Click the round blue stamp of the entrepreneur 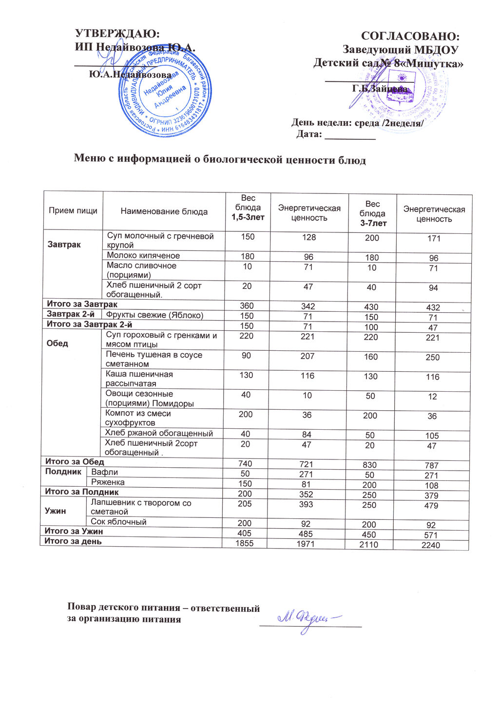point(165,92)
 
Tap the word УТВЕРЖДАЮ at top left point(117,34)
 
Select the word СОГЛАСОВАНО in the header point(410,36)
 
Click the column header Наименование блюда point(164,211)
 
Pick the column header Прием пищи point(73,210)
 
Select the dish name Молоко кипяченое point(143,255)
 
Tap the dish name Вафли point(105,472)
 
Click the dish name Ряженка point(108,482)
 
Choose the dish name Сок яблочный point(119,522)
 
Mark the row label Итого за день point(73,541)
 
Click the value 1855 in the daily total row point(245,543)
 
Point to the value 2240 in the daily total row point(431,545)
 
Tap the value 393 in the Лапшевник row point(306,504)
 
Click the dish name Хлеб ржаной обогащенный point(159,433)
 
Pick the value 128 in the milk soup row point(309,237)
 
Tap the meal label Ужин point(56,511)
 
